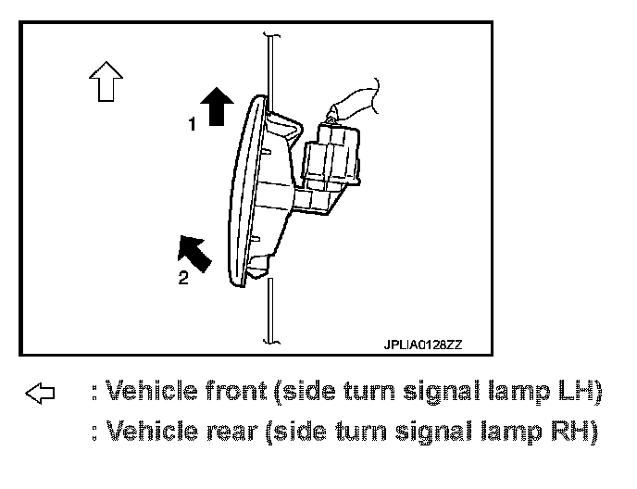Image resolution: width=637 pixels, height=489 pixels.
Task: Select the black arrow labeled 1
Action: click(217, 105)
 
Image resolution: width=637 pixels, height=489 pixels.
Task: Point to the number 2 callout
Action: click(182, 279)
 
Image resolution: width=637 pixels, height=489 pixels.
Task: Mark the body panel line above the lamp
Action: click(269, 65)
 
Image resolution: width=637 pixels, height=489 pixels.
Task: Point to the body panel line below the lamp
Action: click(269, 310)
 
